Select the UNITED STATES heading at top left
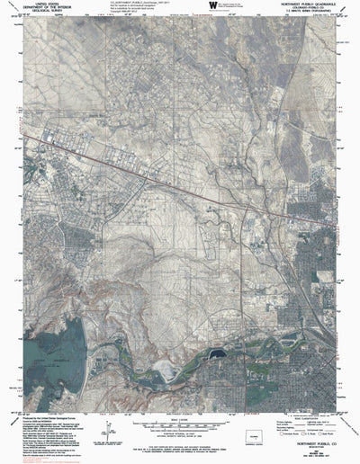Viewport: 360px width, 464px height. [33, 3]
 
